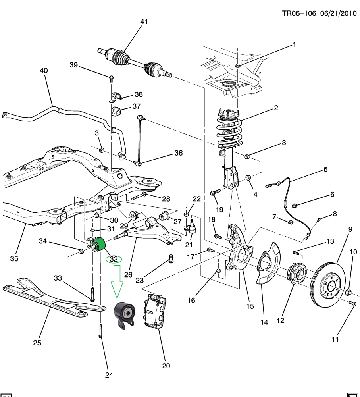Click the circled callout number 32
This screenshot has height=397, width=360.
114,259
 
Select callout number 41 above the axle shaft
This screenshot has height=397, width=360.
144,22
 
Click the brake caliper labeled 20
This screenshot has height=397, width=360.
152,312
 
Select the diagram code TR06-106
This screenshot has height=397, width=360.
298,13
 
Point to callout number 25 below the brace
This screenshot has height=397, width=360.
37,343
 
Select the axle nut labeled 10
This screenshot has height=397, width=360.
348,293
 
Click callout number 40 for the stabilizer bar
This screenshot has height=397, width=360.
44,71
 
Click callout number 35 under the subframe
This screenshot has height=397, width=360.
14,259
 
